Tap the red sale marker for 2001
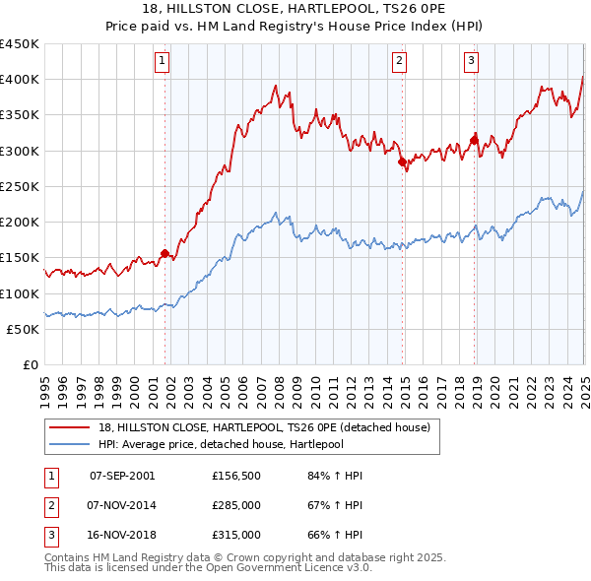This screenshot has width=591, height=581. pos(164,253)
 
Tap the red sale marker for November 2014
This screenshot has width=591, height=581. pos(402,161)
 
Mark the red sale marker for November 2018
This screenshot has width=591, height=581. pos(474,140)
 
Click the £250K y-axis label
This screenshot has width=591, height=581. pos(20,187)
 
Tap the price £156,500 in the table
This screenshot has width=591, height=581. pos(235,476)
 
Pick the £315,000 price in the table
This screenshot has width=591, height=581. pos(235,535)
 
